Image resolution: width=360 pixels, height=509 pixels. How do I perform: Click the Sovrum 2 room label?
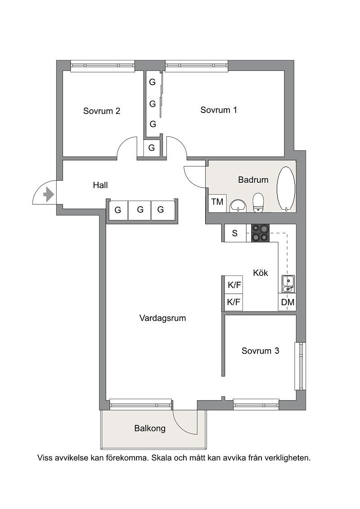(102, 111)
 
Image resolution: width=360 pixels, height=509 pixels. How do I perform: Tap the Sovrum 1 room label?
(218, 110)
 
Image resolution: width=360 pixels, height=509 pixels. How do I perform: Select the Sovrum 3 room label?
(261, 351)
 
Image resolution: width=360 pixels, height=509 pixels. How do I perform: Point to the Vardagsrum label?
(162, 318)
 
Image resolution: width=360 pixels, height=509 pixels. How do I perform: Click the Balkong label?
(150, 428)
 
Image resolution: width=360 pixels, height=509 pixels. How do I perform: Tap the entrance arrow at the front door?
(49, 195)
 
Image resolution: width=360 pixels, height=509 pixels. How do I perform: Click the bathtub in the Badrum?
(286, 189)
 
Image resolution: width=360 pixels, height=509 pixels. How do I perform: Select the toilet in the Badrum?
(258, 202)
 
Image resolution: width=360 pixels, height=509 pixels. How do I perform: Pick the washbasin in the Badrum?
(238, 206)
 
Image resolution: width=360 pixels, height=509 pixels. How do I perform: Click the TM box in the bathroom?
(217, 202)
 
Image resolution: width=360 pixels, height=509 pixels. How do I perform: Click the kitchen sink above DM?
(288, 284)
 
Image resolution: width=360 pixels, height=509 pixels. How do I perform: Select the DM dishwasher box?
(288, 302)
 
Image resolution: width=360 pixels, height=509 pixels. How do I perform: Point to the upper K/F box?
(234, 285)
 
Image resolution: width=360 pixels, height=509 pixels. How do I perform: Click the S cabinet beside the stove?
(235, 233)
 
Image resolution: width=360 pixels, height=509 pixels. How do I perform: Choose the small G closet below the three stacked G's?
(152, 148)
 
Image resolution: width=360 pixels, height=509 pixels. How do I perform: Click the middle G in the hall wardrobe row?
(140, 210)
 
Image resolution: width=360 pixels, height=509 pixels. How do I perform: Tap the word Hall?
(100, 185)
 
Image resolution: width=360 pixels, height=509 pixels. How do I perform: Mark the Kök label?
(261, 273)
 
